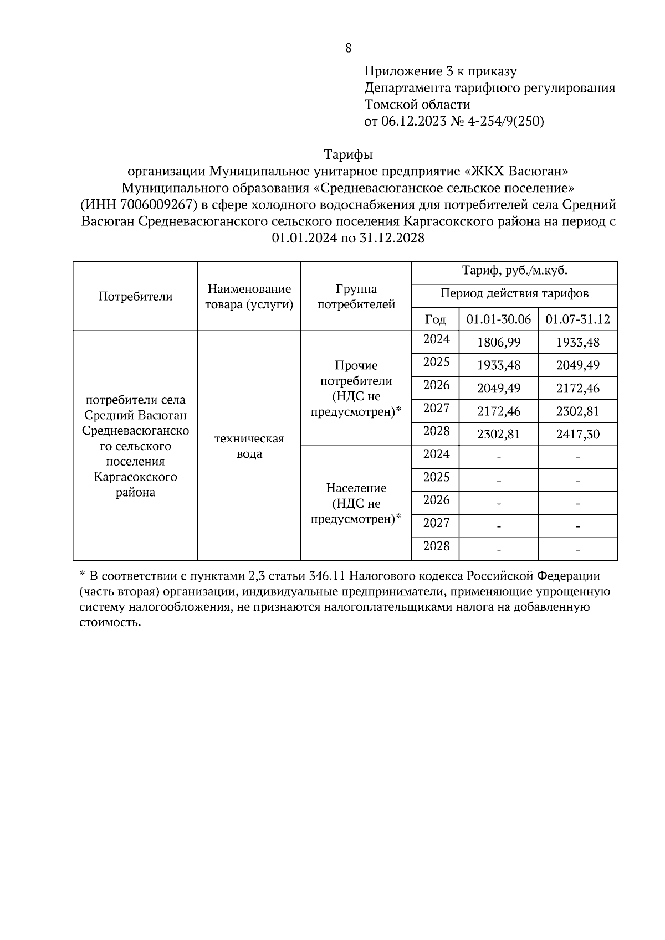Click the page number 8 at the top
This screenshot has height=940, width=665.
348,48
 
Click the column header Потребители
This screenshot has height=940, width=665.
135,297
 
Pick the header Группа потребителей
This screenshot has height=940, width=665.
356,297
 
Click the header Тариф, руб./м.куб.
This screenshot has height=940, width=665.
514,271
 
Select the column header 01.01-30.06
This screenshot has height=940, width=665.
499,319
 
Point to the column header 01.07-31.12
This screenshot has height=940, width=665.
577,319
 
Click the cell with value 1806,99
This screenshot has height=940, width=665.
499,343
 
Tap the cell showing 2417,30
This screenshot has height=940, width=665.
577,435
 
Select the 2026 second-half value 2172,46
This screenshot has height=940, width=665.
577,389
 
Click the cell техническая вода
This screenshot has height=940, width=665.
249,446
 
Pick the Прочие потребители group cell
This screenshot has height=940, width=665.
356,389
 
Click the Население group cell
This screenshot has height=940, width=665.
356,503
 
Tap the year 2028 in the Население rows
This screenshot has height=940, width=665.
436,546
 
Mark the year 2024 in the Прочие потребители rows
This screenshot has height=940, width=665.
436,339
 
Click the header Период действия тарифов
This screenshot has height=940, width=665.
514,293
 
